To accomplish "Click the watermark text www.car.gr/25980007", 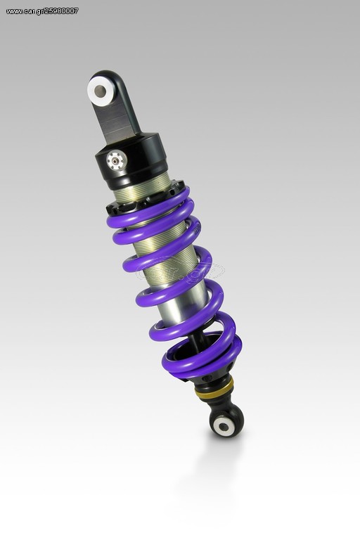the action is [42, 11].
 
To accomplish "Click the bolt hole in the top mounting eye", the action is [101, 91].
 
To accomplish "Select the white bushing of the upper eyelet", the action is [101, 91].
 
